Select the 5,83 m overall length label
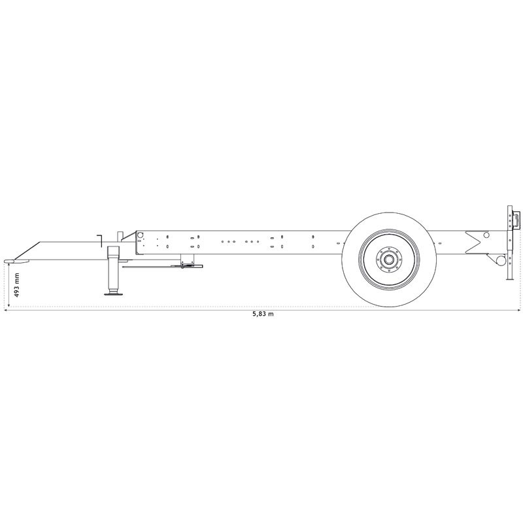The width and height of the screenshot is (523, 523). [263, 314]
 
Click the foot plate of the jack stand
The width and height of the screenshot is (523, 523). [113, 294]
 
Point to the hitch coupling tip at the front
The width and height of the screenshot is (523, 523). [10, 261]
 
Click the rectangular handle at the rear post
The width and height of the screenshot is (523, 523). [516, 219]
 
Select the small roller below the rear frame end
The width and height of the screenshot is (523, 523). [501, 260]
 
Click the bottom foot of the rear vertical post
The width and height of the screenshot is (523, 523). [510, 279]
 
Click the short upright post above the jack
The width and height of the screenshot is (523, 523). [120, 236]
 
